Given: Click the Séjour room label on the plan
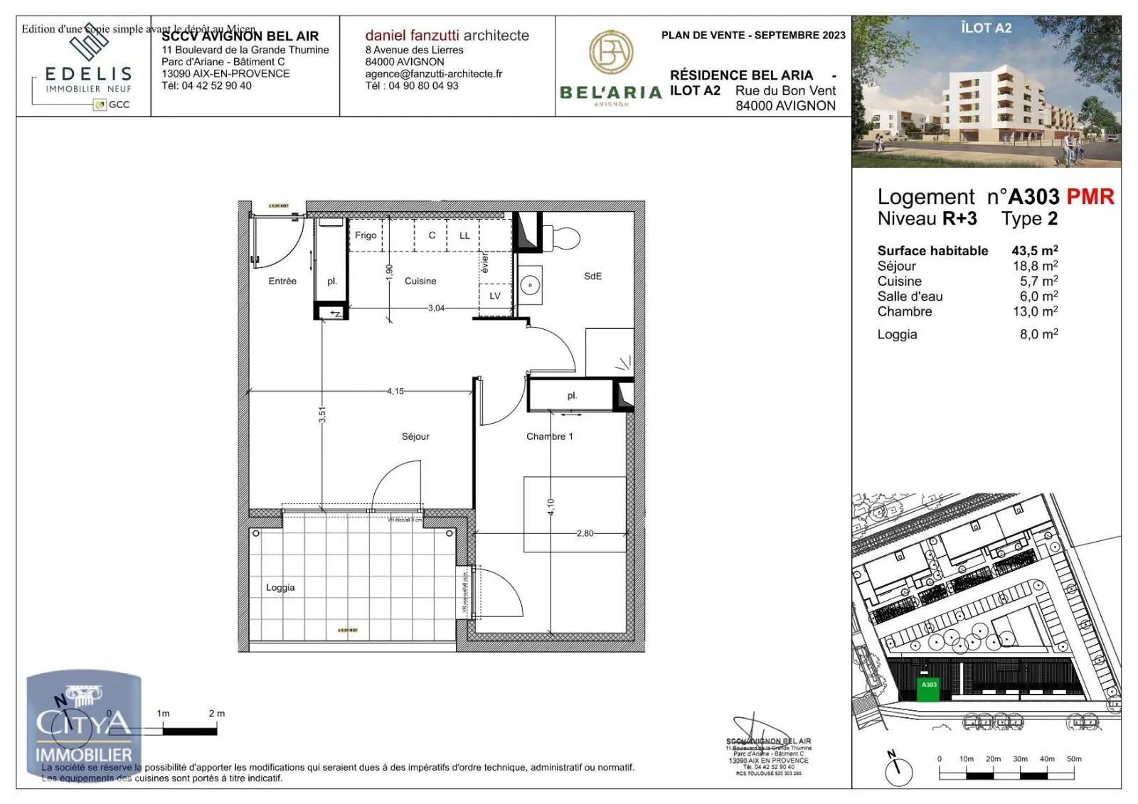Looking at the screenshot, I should click(415, 436).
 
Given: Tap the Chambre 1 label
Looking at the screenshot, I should click(549, 436).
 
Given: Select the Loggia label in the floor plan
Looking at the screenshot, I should click(280, 587).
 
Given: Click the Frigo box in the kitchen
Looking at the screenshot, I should click(366, 235).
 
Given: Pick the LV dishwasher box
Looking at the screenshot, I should click(495, 296).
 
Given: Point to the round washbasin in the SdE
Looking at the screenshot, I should click(530, 286).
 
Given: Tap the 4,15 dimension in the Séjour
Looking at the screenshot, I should click(395, 391).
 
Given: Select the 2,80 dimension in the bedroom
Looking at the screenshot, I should click(585, 533).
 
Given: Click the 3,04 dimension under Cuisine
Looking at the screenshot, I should click(436, 308).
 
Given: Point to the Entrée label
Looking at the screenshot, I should click(282, 281).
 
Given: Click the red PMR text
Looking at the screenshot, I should click(1090, 197).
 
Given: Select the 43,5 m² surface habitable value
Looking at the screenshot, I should click(1034, 250).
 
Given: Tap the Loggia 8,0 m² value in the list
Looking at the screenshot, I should click(1038, 334).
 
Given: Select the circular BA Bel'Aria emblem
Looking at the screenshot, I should click(611, 52).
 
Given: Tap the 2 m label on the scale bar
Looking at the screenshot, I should click(216, 713).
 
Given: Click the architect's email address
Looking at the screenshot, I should click(433, 74).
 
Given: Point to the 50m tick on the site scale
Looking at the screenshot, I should click(1073, 759).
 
